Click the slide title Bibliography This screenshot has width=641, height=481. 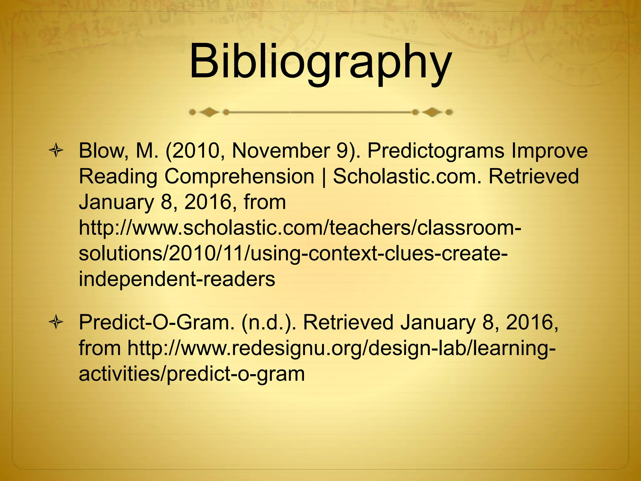click(x=320, y=61)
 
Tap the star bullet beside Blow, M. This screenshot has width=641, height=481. click(x=56, y=151)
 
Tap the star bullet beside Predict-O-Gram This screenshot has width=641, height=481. click(x=56, y=323)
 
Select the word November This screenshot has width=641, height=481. click(x=280, y=151)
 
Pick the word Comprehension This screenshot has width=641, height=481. click(x=239, y=177)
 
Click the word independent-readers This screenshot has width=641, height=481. click(x=177, y=279)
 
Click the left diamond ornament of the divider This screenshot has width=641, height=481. click(x=209, y=112)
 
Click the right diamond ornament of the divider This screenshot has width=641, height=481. click(x=432, y=112)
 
